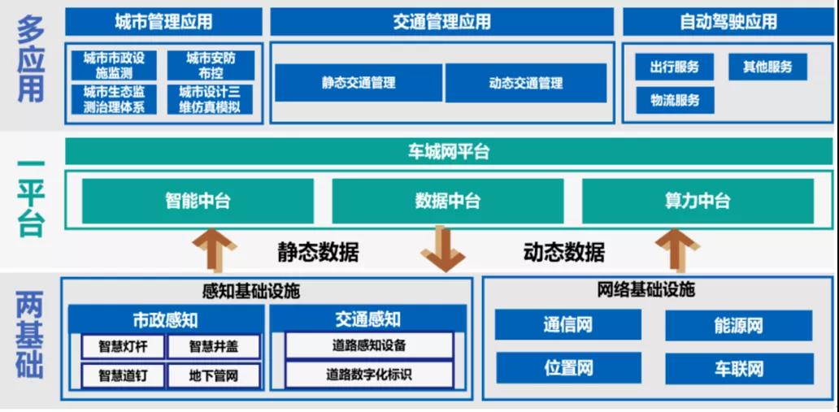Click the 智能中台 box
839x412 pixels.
[198, 202]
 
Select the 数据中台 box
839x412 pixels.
[447, 202]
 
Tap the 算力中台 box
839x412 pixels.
[697, 202]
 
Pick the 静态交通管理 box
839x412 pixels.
[359, 83]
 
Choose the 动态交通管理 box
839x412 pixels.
[525, 83]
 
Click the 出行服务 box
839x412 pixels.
[675, 67]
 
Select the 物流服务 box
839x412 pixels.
[675, 101]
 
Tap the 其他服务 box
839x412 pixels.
[767, 67]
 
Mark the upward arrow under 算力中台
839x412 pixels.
[677, 249]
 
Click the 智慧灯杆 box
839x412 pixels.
[124, 347]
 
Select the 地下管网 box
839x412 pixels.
[214, 376]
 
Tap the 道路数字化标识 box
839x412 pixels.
[368, 375]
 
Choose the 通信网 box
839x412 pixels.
[568, 325]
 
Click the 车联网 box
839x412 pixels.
[738, 368]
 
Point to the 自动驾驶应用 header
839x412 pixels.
[728, 22]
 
